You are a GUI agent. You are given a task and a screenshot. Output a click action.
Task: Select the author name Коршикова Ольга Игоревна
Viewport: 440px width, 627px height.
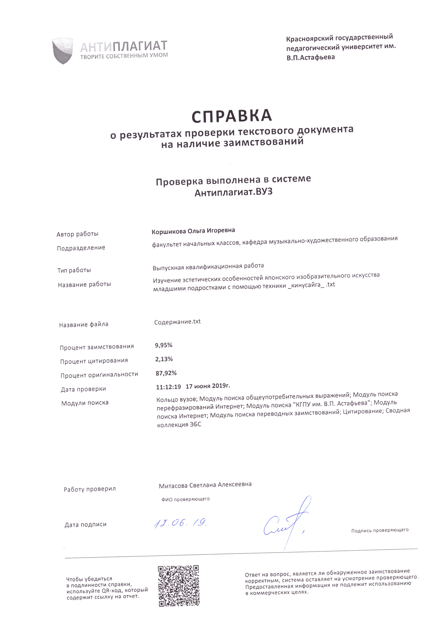(193, 231)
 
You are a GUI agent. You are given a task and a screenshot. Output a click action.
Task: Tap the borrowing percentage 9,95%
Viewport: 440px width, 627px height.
(164, 345)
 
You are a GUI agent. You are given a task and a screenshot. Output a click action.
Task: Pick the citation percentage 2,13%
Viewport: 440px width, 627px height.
(164, 359)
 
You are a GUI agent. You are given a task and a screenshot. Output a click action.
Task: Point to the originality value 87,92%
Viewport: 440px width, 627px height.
(166, 373)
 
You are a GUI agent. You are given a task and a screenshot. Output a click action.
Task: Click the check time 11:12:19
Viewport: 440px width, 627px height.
(168, 387)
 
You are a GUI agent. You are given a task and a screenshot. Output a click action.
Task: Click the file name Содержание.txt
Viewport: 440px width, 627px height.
(178, 322)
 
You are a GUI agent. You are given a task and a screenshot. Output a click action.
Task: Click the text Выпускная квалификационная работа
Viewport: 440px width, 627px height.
(208, 267)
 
